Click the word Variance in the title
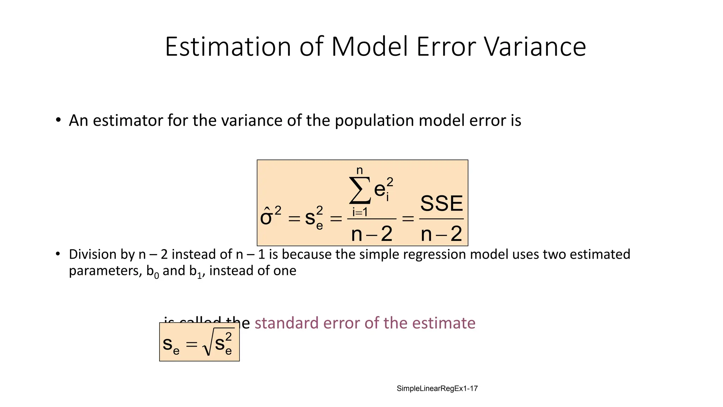(x=534, y=47)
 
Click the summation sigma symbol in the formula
(x=360, y=191)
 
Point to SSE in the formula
(x=441, y=203)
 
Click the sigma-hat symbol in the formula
(x=266, y=216)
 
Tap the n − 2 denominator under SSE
(x=441, y=234)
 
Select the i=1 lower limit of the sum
(x=360, y=212)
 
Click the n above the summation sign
(x=359, y=170)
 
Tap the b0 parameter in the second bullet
(x=153, y=271)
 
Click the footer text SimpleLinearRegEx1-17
(x=437, y=389)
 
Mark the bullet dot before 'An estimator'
(x=58, y=120)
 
